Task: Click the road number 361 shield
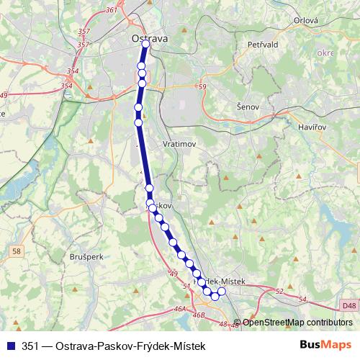[x=111, y=9]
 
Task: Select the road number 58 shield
[x=17, y=251]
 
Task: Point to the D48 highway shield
[x=349, y=306]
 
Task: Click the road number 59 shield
[x=202, y=87]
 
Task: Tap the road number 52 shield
[x=279, y=292]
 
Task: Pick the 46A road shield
[x=179, y=309]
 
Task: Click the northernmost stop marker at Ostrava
[x=145, y=44]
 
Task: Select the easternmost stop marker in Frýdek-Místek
[x=222, y=291]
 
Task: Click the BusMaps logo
[x=325, y=345]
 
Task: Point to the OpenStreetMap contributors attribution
[x=297, y=322]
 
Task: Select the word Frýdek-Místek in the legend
[x=172, y=345]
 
